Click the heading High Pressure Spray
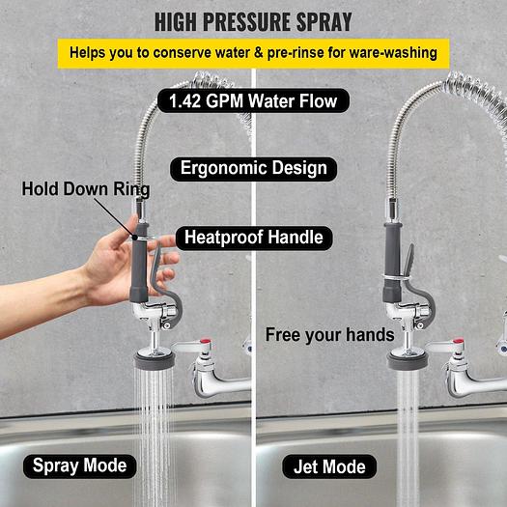(253, 22)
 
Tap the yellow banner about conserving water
(253, 53)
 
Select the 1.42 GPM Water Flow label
(253, 100)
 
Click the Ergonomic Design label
(253, 169)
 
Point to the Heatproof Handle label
(254, 238)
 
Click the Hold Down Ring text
(86, 189)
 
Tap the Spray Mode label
(79, 465)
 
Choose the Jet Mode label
(329, 466)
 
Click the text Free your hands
(330, 335)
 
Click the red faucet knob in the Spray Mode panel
(206, 342)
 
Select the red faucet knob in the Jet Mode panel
(459, 342)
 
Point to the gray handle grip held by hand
(139, 263)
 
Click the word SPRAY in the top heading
(324, 22)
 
